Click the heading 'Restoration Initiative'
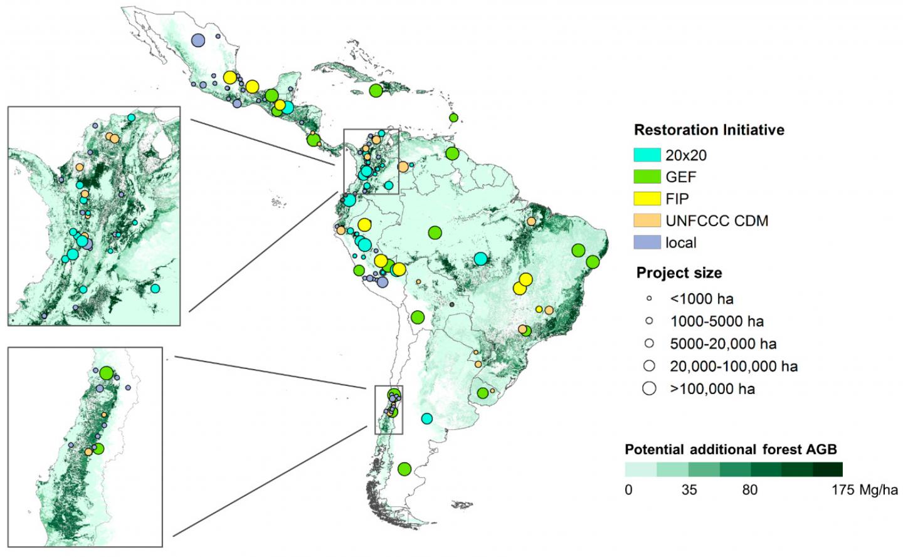[709, 130]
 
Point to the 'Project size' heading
[679, 273]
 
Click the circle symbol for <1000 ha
[649, 299]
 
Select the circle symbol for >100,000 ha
[649, 388]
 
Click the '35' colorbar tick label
[689, 490]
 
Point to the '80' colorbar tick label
[750, 490]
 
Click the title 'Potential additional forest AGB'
[731, 450]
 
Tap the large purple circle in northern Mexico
[198, 41]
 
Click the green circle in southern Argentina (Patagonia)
[404, 469]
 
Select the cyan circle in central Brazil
[480, 259]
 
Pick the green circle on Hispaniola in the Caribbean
[376, 90]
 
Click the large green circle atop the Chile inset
[106, 373]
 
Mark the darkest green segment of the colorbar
[827, 470]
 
